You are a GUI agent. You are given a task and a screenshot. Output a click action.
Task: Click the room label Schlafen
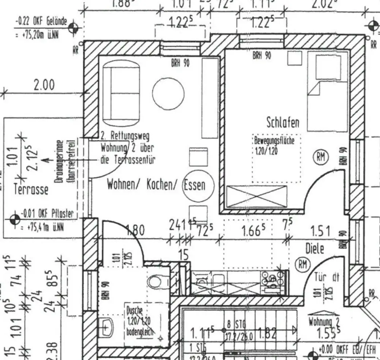pyautogui.click(x=283, y=122)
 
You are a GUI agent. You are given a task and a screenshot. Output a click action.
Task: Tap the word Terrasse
pyautogui.click(x=31, y=190)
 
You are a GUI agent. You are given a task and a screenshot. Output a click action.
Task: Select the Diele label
pyautogui.click(x=315, y=249)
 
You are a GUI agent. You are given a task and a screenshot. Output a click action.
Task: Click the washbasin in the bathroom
pyautogui.click(x=105, y=327)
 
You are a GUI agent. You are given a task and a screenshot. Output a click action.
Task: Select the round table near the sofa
pyautogui.click(x=168, y=94)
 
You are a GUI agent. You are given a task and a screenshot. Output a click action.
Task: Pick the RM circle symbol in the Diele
pyautogui.click(x=302, y=264)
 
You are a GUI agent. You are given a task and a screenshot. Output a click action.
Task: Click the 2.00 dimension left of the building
pyautogui.click(x=44, y=85)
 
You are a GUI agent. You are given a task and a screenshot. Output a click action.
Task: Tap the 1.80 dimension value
pyautogui.click(x=135, y=231)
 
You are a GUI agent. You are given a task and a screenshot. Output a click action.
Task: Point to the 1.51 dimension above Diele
pyautogui.click(x=320, y=231)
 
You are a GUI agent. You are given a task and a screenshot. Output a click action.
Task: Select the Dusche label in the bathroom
pyautogui.click(x=134, y=311)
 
